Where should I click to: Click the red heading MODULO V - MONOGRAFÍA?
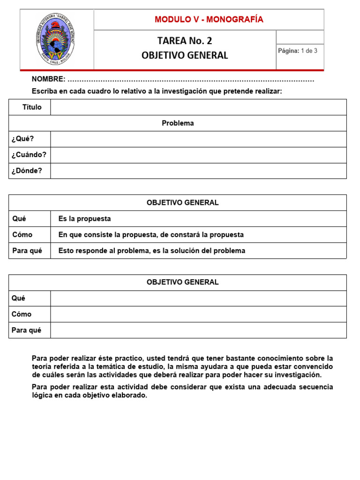[209, 19]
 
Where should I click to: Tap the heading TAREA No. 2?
[185, 41]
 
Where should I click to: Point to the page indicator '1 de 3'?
[309, 51]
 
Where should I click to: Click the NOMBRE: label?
[48, 79]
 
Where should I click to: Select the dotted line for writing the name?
[191, 80]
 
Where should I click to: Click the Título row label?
[32, 107]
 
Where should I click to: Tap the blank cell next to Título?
[198, 107]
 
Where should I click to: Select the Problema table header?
[178, 123]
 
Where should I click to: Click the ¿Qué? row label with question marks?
[23, 139]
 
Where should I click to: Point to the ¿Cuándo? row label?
[29, 155]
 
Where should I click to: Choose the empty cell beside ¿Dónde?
[198, 171]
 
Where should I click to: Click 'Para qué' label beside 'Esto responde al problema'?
[27, 251]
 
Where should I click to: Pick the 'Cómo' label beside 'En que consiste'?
[22, 235]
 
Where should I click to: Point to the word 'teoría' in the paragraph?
[42, 366]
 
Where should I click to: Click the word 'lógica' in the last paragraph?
[42, 395]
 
